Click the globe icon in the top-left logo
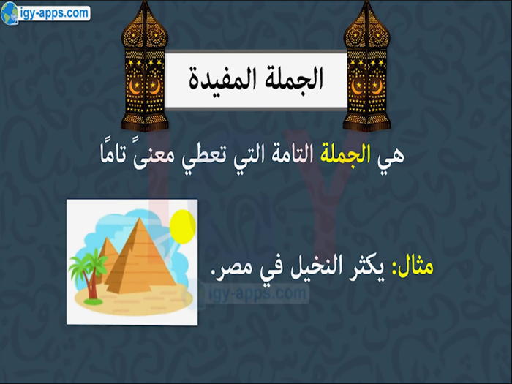tap(10, 14)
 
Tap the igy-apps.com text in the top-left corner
tap(53, 13)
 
